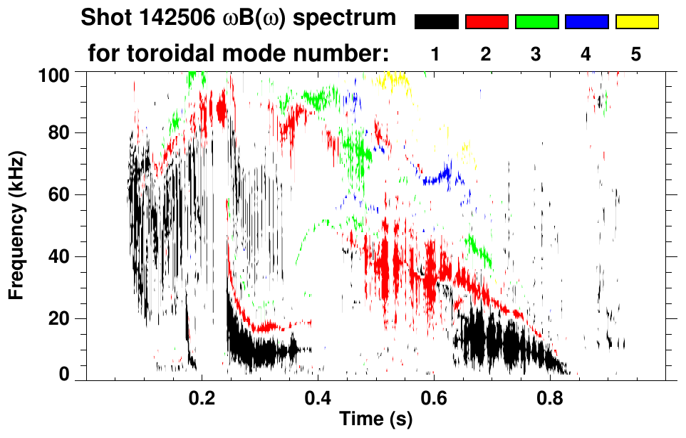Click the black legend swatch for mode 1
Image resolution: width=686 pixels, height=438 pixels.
point(436,22)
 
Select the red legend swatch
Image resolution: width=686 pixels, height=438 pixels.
point(487,22)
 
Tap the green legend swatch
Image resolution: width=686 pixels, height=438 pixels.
point(536,22)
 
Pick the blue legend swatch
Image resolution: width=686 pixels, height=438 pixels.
point(586,22)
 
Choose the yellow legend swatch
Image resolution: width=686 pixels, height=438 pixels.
point(637,22)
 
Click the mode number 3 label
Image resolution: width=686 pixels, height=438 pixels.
point(536,54)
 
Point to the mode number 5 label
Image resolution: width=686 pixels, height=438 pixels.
point(636,54)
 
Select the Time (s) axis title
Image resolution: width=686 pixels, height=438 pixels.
point(375,419)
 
